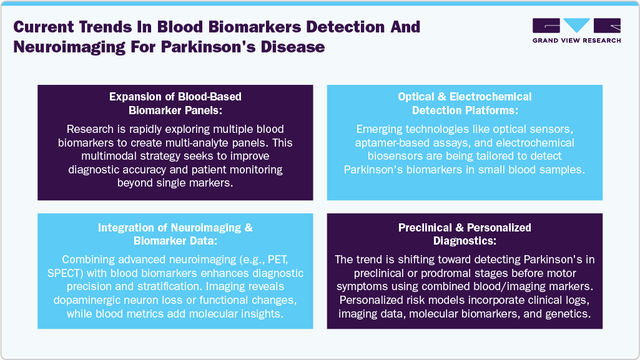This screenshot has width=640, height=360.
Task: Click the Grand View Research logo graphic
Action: point(576,26)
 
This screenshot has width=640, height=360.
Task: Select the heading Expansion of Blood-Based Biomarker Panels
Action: point(175,104)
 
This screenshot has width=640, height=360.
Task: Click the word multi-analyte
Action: point(213,143)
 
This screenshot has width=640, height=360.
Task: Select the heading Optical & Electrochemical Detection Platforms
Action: point(465,104)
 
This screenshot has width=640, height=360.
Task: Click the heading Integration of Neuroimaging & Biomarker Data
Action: point(175,235)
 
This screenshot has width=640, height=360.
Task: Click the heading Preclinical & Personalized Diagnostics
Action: point(465,235)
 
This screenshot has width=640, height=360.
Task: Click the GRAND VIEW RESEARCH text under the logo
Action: point(576,41)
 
